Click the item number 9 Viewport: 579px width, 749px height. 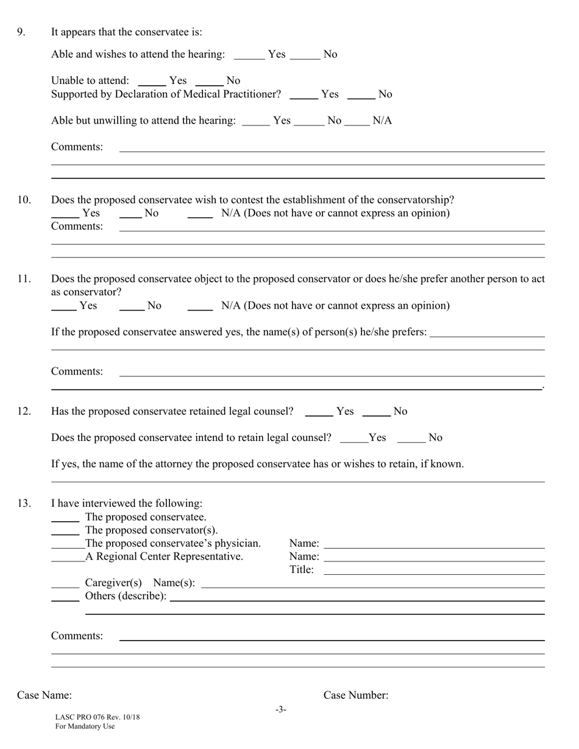(21, 32)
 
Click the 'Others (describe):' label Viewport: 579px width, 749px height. (126, 596)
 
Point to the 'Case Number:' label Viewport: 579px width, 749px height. (356, 695)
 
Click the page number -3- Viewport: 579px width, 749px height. (280, 709)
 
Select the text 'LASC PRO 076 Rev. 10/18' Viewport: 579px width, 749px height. (98, 717)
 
